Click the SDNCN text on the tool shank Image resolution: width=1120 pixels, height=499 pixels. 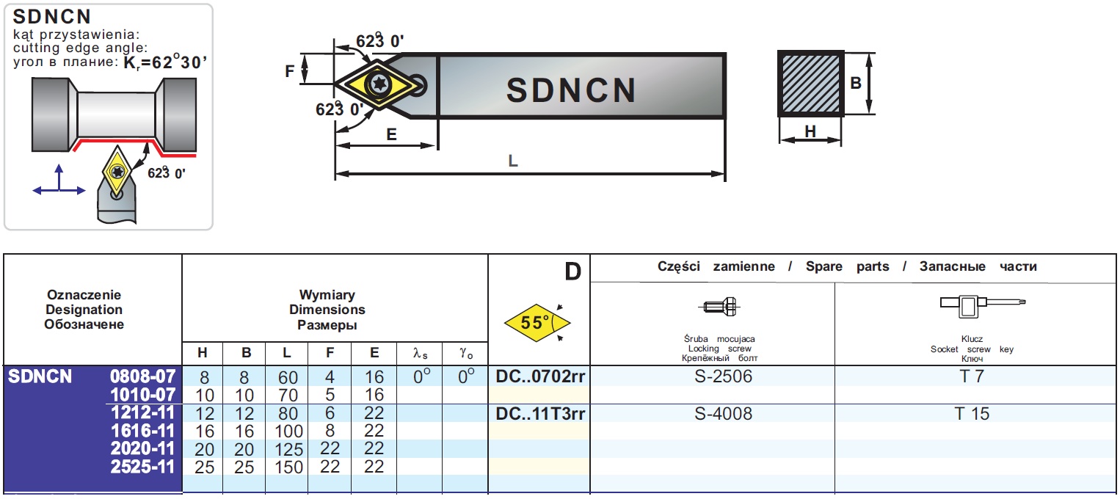pos(571,90)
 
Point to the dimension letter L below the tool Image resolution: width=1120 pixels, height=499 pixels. pos(513,161)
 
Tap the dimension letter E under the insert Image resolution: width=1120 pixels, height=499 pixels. pos(391,134)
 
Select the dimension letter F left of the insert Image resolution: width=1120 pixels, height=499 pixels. pos(289,71)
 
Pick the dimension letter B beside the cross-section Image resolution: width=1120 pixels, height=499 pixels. pos(856,84)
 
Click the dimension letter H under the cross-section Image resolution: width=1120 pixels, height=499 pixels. pos(810,131)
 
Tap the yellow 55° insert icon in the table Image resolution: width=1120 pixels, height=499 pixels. pos(537,323)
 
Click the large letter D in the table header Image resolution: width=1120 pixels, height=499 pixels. pos(572,272)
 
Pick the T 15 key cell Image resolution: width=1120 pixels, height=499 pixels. pos(972,414)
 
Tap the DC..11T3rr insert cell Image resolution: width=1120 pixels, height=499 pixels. pos(540,414)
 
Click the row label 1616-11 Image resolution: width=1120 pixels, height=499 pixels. pos(143,431)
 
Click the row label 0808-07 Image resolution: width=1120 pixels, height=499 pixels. pos(143,376)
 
